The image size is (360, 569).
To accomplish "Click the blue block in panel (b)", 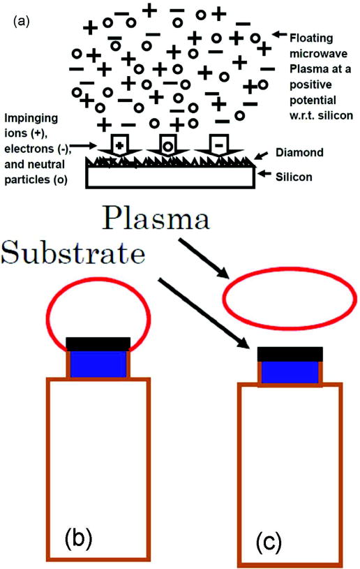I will pyautogui.click(x=97, y=363).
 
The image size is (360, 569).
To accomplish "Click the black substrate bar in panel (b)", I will pyautogui.click(x=97, y=343).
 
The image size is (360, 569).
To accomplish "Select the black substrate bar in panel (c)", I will pyautogui.click(x=290, y=353).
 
